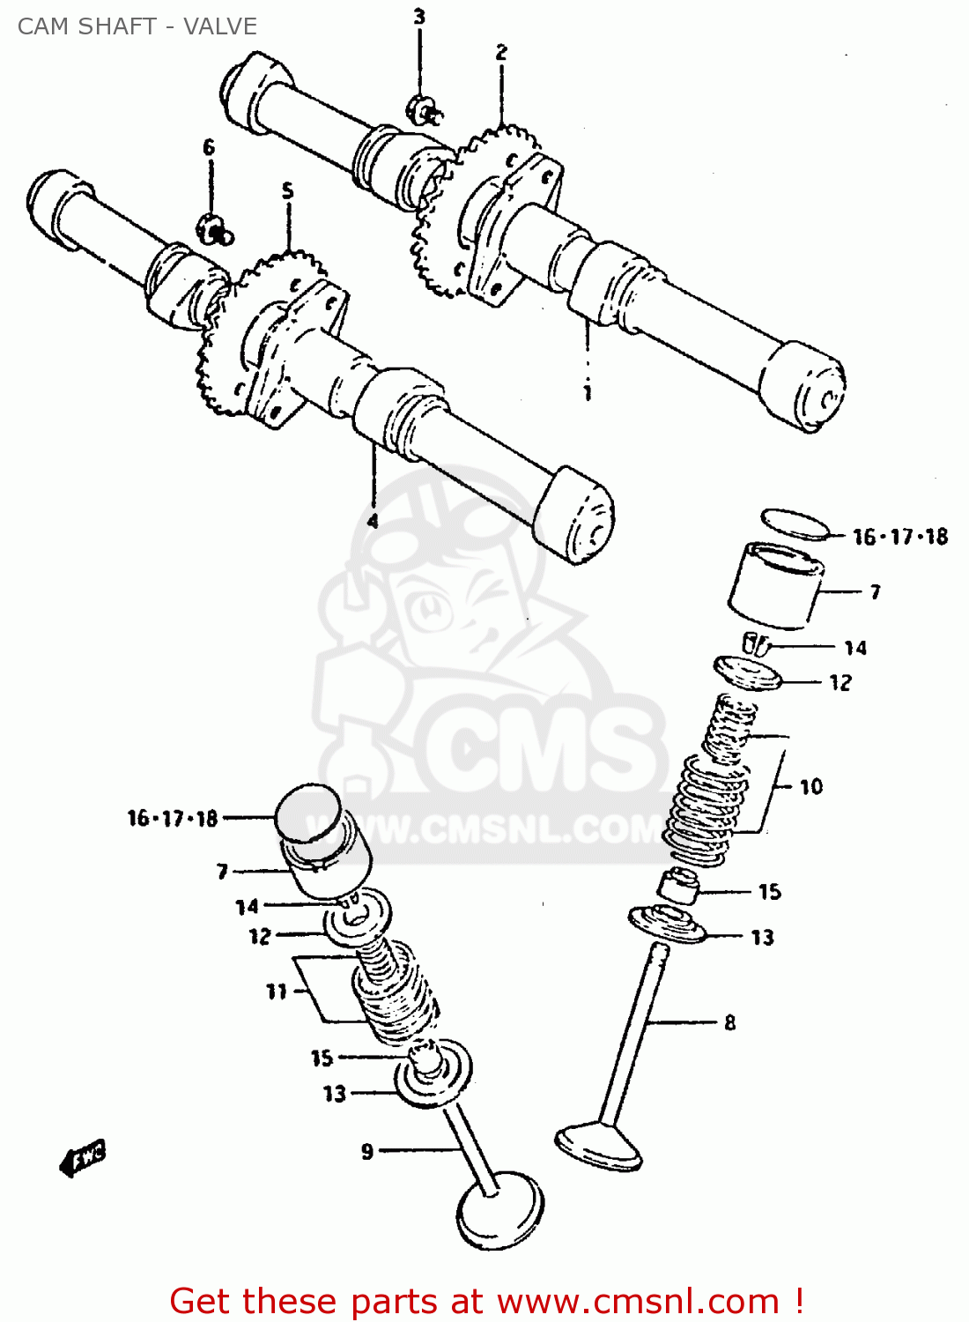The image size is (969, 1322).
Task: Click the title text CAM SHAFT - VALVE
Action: click(x=137, y=26)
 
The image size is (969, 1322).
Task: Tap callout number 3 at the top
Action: click(x=419, y=17)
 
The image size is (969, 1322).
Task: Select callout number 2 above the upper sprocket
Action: click(x=501, y=52)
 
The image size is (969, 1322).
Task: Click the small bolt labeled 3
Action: click(x=424, y=109)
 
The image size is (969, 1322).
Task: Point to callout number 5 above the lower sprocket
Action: click(x=287, y=190)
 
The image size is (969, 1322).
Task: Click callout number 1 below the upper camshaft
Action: click(x=588, y=392)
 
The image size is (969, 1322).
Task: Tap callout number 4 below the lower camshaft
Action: click(x=373, y=521)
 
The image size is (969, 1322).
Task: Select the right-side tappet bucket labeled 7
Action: click(x=775, y=586)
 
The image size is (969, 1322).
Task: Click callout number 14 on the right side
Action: click(x=854, y=649)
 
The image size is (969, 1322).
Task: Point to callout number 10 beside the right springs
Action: click(x=810, y=786)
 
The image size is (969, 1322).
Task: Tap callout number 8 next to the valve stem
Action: click(x=729, y=1023)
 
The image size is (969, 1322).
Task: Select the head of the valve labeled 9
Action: click(x=499, y=1212)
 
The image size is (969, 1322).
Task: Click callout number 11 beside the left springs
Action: click(x=277, y=991)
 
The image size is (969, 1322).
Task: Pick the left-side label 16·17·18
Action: click(x=173, y=819)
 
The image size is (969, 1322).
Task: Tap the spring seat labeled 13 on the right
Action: click(x=667, y=923)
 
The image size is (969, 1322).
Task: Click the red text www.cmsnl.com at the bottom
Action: click(x=638, y=1301)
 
